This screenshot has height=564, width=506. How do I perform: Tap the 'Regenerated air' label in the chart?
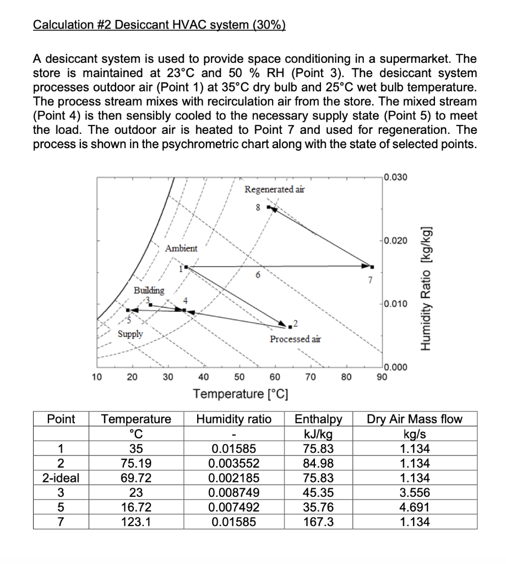pos(274,189)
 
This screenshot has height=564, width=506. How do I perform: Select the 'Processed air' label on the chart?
pos(295,339)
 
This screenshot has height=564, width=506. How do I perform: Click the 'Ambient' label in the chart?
pos(181,248)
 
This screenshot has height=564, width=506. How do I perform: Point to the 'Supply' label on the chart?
pos(130,334)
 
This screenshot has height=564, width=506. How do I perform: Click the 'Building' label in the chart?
pos(149,290)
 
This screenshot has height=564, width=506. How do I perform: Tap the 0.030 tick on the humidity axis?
pos(396,177)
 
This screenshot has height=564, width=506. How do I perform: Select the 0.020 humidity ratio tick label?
pos(396,241)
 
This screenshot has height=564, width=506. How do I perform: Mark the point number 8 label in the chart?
pos(257,208)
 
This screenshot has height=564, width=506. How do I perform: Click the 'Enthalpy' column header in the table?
pos(319,419)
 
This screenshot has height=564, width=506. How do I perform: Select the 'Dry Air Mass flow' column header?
pos(415,419)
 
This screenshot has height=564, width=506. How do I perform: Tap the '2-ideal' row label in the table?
pos(61,478)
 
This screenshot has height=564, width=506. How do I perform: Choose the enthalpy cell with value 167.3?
pos(319,522)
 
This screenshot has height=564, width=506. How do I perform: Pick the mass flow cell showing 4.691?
pos(415,507)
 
